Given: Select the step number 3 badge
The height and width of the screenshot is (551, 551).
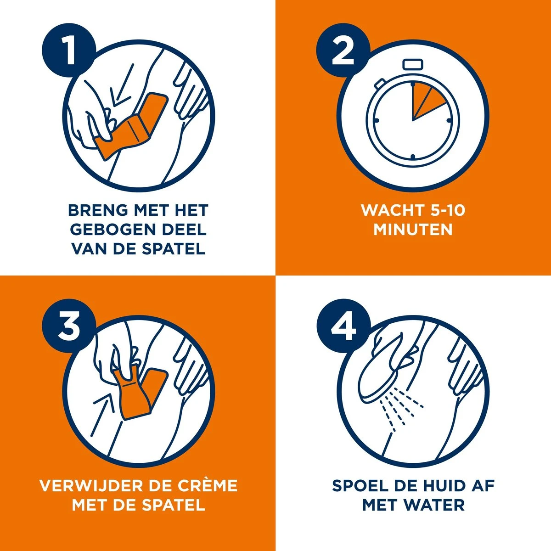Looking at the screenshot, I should pyautogui.click(x=69, y=328).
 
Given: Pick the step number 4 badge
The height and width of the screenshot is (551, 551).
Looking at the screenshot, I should pyautogui.click(x=343, y=328).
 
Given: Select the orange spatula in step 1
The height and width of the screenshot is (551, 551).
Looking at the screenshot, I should pyautogui.click(x=133, y=126).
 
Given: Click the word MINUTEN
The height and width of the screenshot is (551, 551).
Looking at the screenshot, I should pyautogui.click(x=413, y=229).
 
